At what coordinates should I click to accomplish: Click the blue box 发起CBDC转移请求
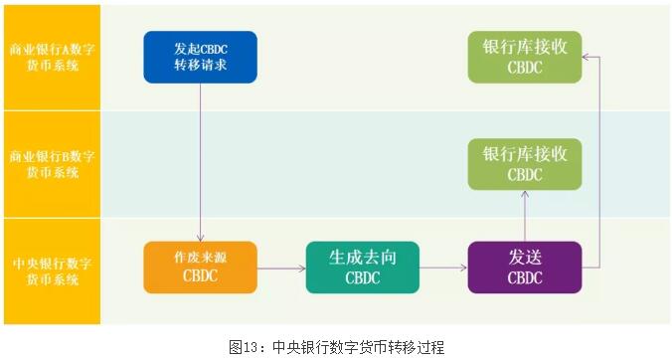click(200, 57)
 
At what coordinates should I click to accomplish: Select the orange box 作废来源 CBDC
click(200, 267)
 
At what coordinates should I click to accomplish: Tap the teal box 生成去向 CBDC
click(363, 267)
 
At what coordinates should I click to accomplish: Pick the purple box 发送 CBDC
click(525, 267)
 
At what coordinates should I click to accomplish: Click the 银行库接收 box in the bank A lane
click(525, 57)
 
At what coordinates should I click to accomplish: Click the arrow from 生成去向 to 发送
click(443, 268)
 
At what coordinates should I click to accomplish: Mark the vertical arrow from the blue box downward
click(201, 159)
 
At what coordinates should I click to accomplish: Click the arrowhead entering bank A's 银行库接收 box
click(587, 57)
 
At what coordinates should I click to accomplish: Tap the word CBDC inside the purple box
click(525, 277)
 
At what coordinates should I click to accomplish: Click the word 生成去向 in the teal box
click(363, 257)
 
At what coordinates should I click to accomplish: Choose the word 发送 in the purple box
click(525, 257)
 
